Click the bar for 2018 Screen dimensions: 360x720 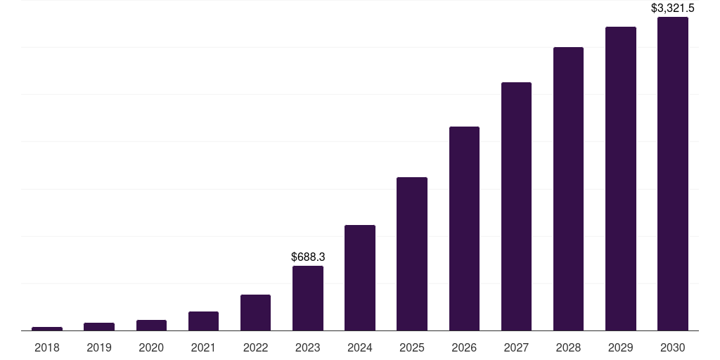tap(47, 328)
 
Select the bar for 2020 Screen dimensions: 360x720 tap(151, 326)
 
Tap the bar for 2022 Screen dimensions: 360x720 tap(255, 313)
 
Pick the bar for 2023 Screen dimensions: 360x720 tap(308, 298)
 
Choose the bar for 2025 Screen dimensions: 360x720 tap(412, 254)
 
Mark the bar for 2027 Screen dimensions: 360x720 tap(516, 207)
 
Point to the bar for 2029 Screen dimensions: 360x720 tap(620, 179)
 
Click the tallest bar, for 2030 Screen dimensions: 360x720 tap(672, 174)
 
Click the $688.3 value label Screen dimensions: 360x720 tap(308, 257)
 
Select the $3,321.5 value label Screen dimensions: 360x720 tap(672, 8)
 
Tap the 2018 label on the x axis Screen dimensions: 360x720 tap(47, 347)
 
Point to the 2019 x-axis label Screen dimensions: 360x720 tap(99, 347)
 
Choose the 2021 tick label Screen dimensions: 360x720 tap(203, 347)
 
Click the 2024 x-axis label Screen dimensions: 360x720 tap(360, 347)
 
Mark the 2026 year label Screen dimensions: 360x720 tap(464, 347)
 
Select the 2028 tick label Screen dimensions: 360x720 tap(568, 347)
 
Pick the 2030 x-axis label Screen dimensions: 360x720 tap(672, 347)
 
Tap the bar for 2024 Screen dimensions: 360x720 tap(360, 278)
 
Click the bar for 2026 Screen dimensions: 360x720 tap(464, 229)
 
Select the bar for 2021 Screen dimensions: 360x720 tap(203, 321)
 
